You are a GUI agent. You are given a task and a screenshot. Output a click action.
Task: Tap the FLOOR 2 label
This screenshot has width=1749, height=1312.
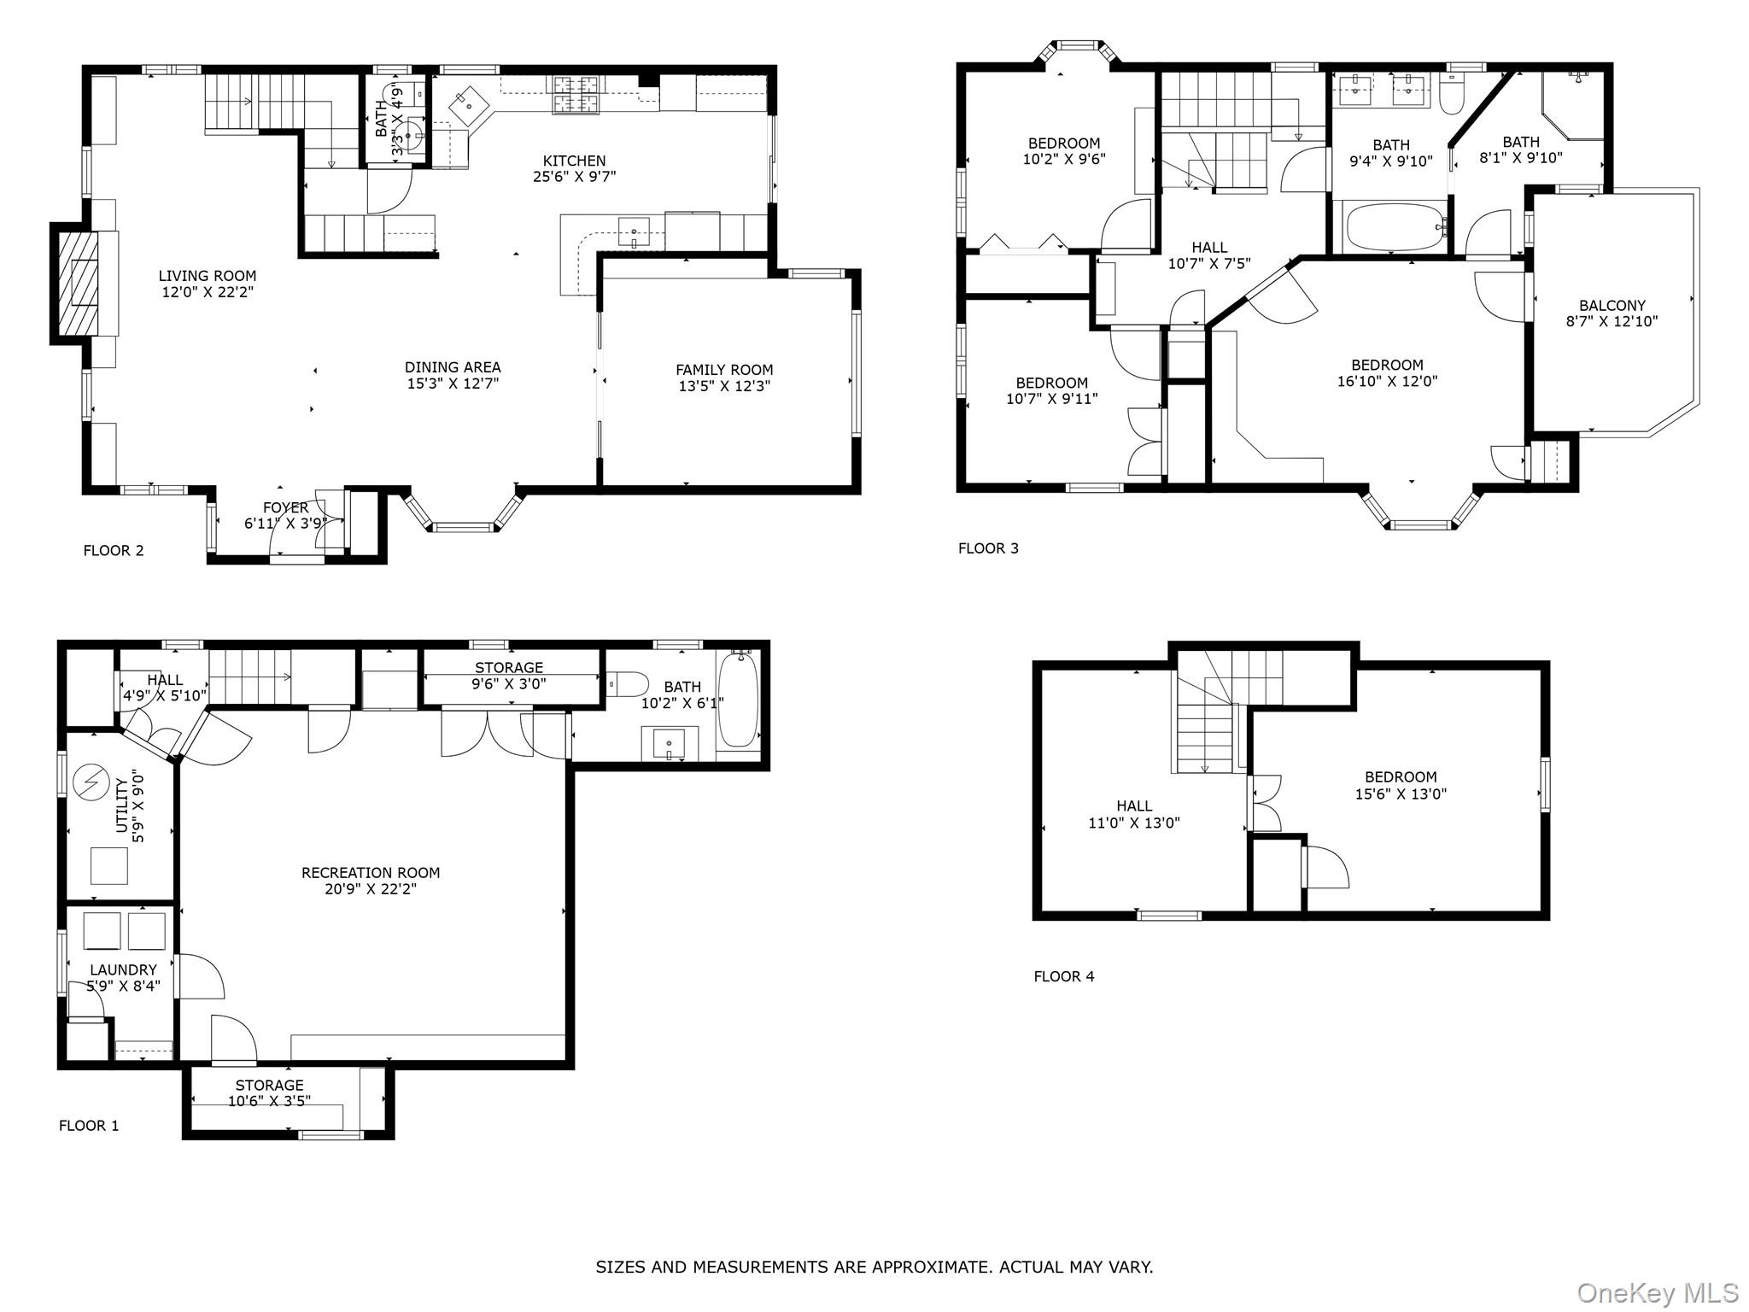click(x=114, y=551)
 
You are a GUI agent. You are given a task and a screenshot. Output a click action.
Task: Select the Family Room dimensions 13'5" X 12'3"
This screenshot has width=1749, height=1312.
click(x=724, y=386)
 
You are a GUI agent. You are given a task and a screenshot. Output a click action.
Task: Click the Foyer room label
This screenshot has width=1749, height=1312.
click(x=285, y=508)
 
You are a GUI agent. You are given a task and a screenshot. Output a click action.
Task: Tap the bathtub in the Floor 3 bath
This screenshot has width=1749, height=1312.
click(x=1393, y=226)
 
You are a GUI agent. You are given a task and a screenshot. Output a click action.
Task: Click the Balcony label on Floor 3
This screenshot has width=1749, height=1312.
click(x=1612, y=306)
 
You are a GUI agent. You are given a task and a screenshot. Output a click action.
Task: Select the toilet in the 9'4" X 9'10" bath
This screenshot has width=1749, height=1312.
click(x=1450, y=95)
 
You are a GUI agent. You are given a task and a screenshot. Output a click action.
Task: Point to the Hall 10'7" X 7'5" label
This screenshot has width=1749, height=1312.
click(x=1209, y=256)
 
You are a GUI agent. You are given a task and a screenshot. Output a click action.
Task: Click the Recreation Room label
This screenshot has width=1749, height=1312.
click(x=371, y=873)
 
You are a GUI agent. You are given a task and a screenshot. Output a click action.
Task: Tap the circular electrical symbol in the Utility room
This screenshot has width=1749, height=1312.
click(x=86, y=781)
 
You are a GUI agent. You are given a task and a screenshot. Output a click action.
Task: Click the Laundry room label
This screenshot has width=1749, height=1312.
click(x=123, y=970)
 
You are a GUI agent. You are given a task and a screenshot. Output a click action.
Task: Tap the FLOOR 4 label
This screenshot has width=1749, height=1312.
click(x=1063, y=976)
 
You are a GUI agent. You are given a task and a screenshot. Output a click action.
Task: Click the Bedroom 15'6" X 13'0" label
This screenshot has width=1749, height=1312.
click(x=1401, y=785)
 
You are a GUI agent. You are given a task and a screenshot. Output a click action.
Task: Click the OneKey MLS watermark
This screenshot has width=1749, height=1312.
click(x=1657, y=1292)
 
